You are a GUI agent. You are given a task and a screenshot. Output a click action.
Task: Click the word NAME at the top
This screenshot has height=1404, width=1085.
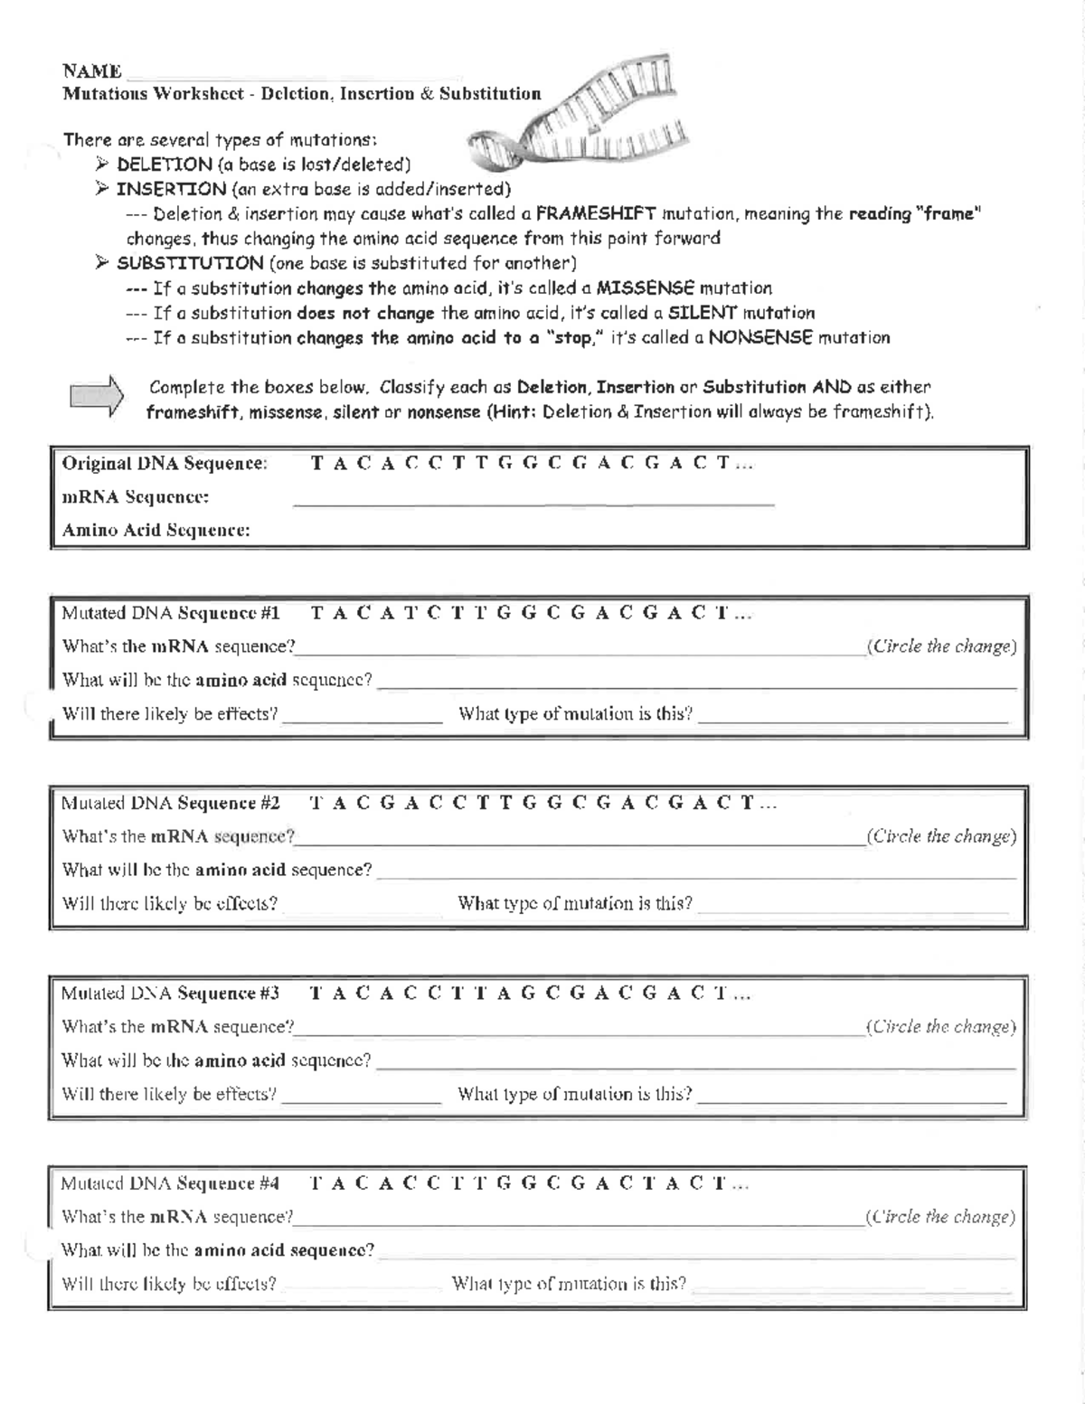click(x=92, y=71)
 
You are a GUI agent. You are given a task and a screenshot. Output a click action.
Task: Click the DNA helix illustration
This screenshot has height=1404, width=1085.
click(x=579, y=113)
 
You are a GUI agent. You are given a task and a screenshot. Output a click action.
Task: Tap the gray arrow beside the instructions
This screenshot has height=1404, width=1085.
click(x=96, y=397)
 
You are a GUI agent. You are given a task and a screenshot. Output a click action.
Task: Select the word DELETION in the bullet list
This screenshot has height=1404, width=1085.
click(x=165, y=165)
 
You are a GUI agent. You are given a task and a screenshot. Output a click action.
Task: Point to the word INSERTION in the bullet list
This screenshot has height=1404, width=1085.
click(x=172, y=189)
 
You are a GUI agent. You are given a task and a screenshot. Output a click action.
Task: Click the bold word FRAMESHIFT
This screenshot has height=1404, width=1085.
click(x=596, y=214)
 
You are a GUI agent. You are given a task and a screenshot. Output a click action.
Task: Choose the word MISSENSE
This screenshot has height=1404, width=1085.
click(x=646, y=288)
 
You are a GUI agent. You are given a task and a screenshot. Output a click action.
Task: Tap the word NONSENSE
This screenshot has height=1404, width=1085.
click(x=760, y=338)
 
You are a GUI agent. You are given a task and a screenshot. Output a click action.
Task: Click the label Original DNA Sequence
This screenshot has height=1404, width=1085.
click(x=165, y=464)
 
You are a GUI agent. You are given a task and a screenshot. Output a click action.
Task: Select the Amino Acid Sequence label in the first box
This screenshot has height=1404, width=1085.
click(x=156, y=531)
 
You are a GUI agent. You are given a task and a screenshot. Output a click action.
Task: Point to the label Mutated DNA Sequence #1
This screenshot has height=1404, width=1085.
click(x=171, y=614)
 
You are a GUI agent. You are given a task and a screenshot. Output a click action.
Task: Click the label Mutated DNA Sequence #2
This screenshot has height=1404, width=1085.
click(x=171, y=804)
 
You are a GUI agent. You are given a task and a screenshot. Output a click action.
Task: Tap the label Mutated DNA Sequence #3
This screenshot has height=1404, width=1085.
click(x=171, y=994)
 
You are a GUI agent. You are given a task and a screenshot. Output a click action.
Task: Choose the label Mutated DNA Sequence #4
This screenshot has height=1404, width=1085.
click(x=171, y=1183)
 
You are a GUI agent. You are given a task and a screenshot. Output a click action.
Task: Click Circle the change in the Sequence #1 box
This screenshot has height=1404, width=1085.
click(x=940, y=646)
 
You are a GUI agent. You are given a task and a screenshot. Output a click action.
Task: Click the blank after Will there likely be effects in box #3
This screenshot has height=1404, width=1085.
click(x=362, y=1098)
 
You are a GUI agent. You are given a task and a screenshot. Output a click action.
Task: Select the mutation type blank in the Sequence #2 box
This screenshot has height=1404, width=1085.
click(x=853, y=909)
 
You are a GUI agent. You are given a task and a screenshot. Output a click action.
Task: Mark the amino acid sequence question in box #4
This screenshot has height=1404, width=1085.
click(x=217, y=1250)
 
